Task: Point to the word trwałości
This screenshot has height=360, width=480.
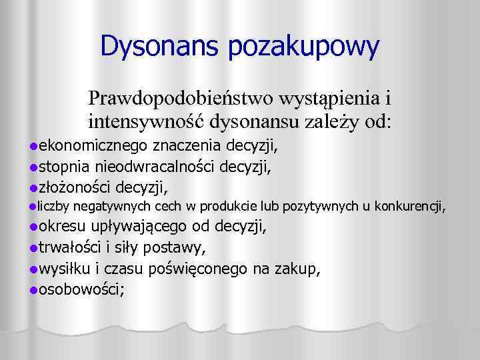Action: (x=69, y=248)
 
